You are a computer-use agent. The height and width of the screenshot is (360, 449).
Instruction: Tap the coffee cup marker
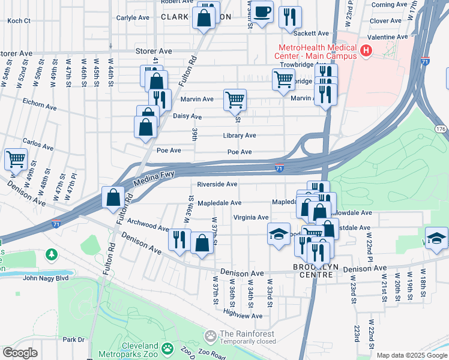(261, 13)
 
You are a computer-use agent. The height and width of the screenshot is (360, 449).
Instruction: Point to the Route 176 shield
(441, 129)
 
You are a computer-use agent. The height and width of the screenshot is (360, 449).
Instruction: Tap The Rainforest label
(247, 334)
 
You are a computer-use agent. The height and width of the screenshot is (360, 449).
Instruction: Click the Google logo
(20, 353)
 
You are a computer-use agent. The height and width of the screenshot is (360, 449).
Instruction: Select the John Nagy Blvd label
(47, 278)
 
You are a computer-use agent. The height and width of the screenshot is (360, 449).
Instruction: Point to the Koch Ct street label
(19, 20)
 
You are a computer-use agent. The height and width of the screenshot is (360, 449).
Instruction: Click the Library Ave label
(240, 136)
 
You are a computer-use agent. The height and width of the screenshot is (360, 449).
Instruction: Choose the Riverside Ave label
(217, 184)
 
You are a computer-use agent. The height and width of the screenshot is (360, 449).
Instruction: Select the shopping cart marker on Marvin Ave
(235, 100)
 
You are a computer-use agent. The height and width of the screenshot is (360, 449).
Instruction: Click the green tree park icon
(52, 254)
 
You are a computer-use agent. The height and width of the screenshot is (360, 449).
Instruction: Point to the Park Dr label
(73, 340)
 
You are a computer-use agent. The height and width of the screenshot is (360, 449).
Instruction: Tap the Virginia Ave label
(251, 217)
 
